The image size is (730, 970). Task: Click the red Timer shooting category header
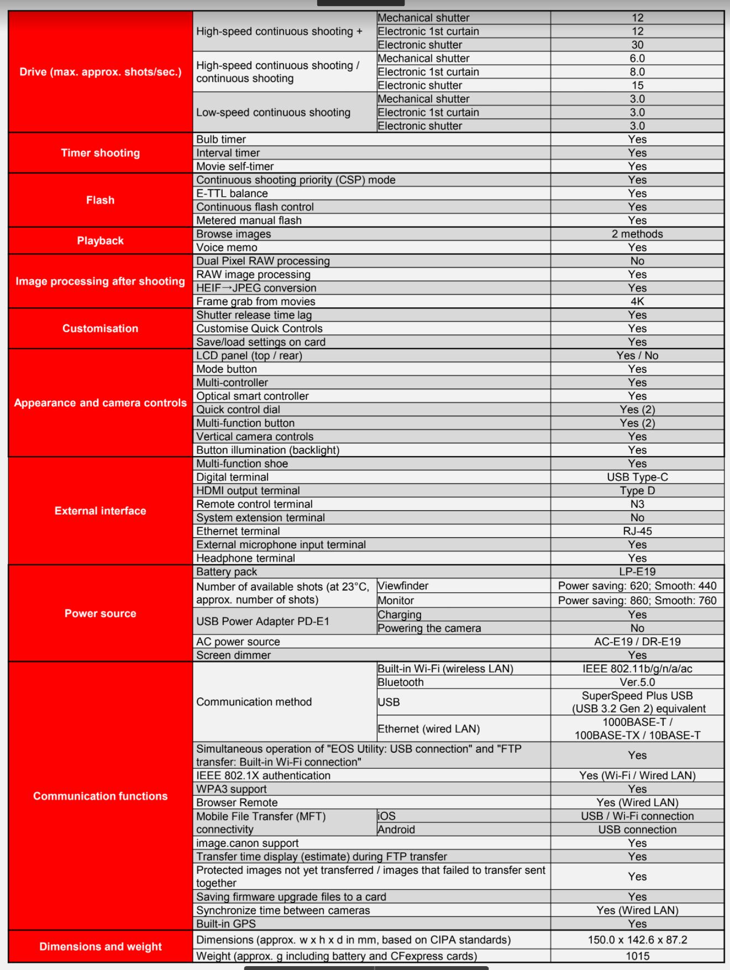click(x=100, y=153)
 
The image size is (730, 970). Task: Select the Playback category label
click(x=100, y=240)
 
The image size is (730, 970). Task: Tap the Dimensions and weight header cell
click(x=100, y=946)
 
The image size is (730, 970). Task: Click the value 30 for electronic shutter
click(x=637, y=45)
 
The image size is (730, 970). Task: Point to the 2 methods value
click(x=637, y=234)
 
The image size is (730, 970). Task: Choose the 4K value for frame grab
click(x=637, y=301)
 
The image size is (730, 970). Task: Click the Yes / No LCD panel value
click(x=637, y=355)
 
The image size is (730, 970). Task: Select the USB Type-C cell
click(x=637, y=477)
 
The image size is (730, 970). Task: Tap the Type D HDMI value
click(x=637, y=490)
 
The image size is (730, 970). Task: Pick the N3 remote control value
click(x=637, y=504)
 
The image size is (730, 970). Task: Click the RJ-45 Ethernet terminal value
click(x=637, y=531)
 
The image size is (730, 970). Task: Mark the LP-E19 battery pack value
click(x=637, y=571)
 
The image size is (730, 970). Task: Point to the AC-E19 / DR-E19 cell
click(x=637, y=642)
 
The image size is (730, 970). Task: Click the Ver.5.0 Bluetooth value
click(x=637, y=682)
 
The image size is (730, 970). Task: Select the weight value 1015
click(x=637, y=956)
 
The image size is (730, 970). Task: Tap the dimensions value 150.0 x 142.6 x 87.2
click(x=637, y=940)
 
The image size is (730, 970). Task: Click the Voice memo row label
click(x=227, y=248)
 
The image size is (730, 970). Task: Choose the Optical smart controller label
click(x=252, y=396)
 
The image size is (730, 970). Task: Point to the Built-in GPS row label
click(x=225, y=924)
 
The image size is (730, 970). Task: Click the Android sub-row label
click(x=396, y=830)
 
